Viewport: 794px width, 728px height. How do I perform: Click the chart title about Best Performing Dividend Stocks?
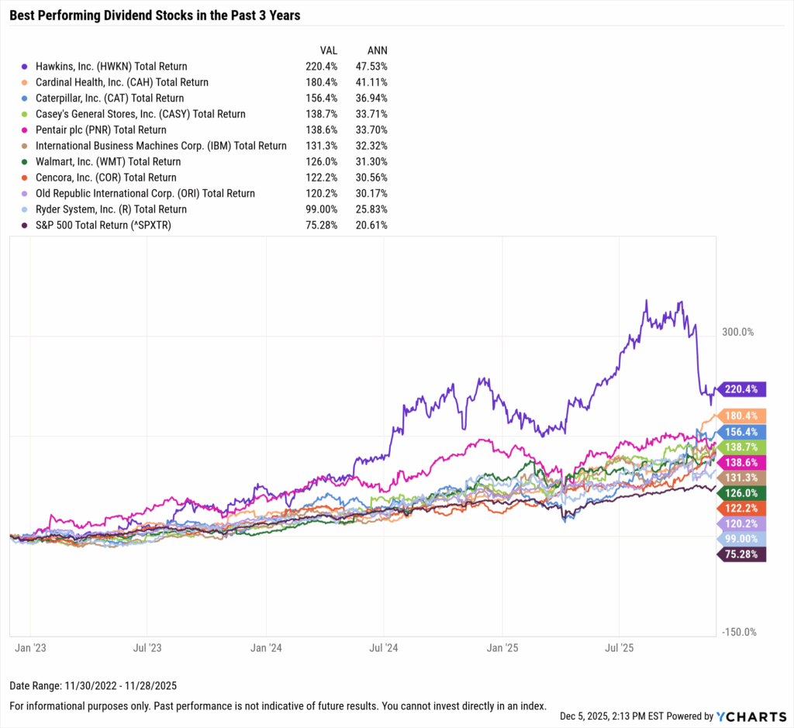pyautogui.click(x=155, y=15)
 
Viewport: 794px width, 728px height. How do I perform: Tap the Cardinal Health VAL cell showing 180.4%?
pyautogui.click(x=321, y=82)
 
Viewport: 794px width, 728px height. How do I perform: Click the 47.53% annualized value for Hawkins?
pyautogui.click(x=371, y=67)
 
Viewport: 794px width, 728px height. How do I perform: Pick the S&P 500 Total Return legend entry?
pyautogui.click(x=115, y=226)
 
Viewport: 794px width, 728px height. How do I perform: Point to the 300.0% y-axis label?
pyautogui.click(x=737, y=332)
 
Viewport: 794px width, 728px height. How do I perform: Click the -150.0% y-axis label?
pyautogui.click(x=737, y=632)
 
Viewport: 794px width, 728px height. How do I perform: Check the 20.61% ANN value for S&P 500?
pyautogui.click(x=371, y=226)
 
